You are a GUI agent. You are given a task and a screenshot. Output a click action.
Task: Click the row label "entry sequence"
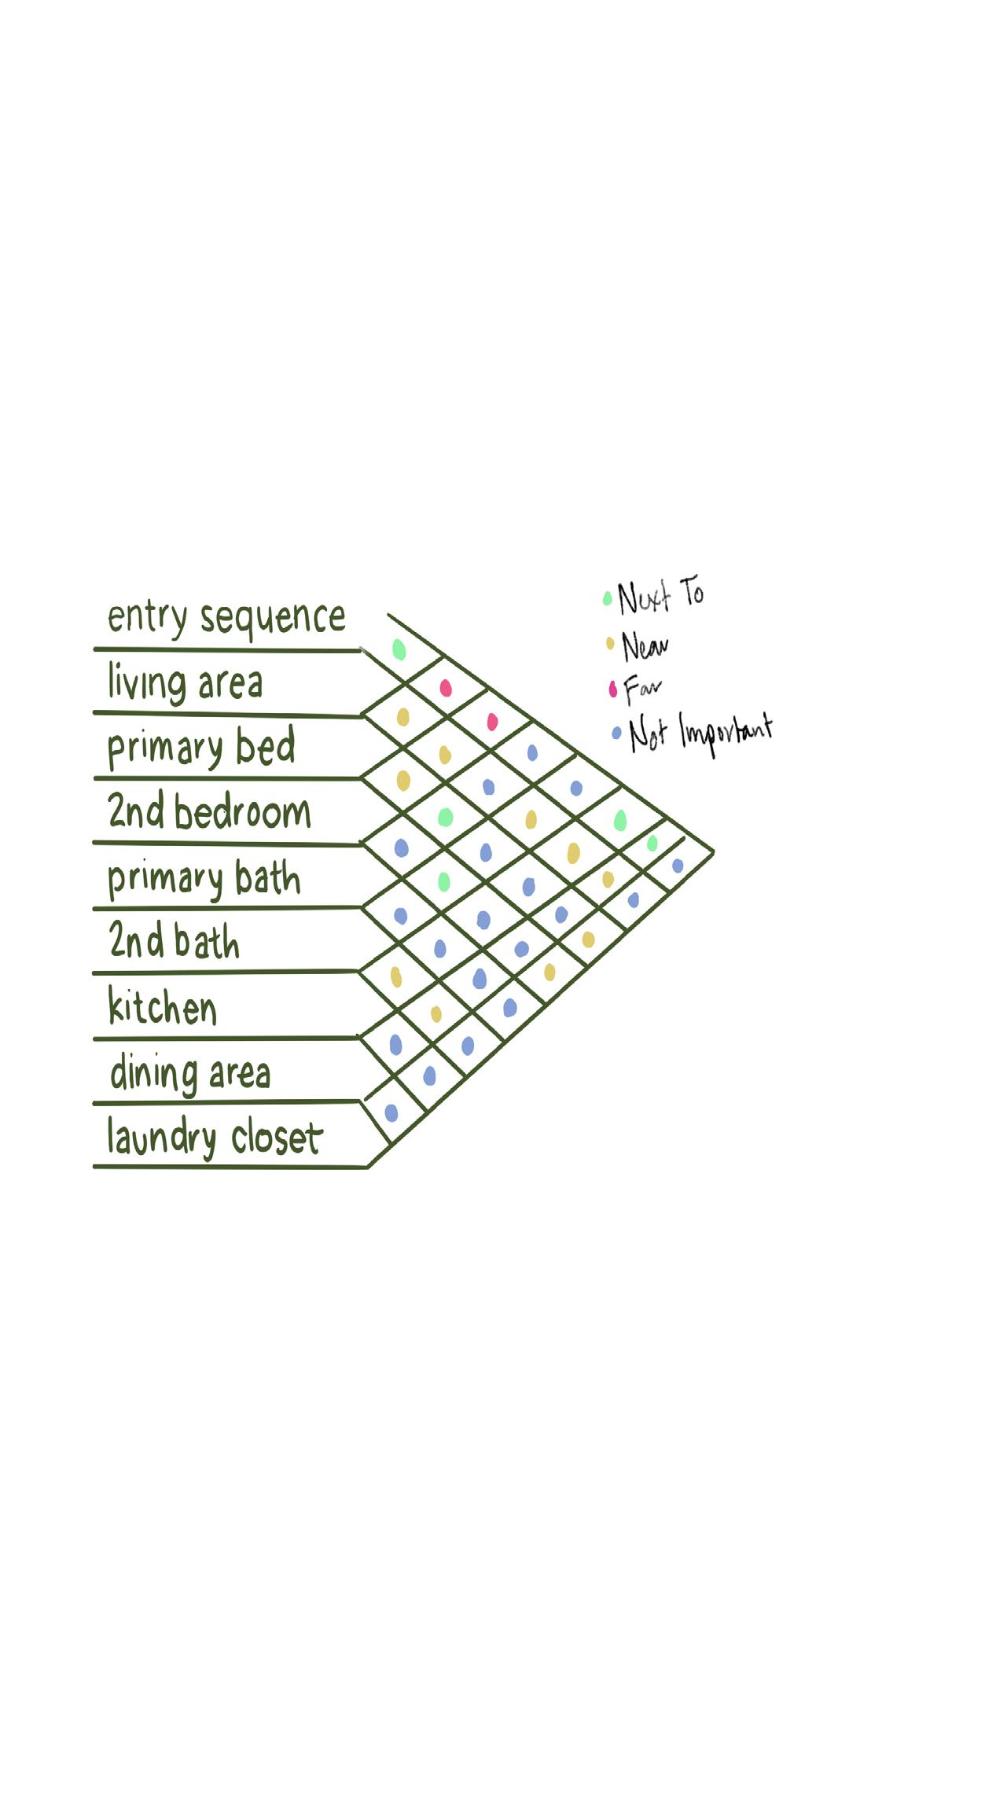[x=226, y=618]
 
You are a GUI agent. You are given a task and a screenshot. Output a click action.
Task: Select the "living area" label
[x=185, y=683]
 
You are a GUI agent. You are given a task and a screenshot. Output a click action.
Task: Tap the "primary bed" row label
[x=201, y=748]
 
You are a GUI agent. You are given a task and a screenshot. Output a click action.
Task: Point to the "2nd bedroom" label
[x=209, y=812]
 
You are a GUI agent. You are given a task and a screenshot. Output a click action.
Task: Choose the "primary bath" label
[x=204, y=878]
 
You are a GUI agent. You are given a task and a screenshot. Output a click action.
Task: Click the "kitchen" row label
[x=162, y=1007]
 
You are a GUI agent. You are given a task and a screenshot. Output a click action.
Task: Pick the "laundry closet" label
[x=215, y=1138]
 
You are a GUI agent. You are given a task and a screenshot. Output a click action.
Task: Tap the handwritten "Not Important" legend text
[x=700, y=733]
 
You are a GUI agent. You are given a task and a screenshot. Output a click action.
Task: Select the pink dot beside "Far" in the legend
[x=613, y=690]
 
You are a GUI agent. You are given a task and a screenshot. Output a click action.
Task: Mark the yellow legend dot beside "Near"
[x=610, y=645]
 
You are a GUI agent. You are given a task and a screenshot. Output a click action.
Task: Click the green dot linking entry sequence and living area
[x=399, y=649]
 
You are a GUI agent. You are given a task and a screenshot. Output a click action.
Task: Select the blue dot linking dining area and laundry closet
[x=391, y=1112]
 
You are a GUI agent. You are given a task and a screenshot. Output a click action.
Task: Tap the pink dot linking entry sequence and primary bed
[x=446, y=689]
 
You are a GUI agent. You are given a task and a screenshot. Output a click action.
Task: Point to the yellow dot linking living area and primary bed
[x=402, y=717]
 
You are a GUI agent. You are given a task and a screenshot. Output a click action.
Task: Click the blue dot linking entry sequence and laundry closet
[x=678, y=866]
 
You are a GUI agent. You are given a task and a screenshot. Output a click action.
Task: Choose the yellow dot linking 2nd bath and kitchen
[x=396, y=976]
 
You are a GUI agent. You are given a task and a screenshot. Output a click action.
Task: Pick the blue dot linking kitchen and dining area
[x=395, y=1044]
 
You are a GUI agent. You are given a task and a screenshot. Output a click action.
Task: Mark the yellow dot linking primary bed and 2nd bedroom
[x=403, y=781]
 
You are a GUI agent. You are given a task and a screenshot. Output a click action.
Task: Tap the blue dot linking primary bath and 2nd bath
[x=400, y=915]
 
